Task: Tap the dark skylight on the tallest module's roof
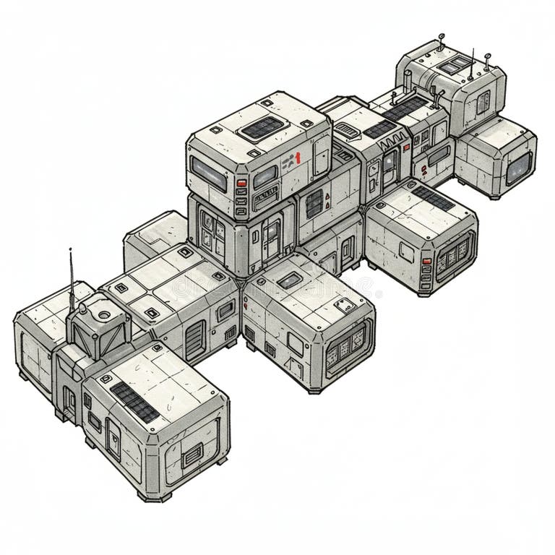pos(261,128)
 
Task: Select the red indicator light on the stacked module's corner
pos(241,184)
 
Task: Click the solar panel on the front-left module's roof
pos(134,403)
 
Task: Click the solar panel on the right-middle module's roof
pos(433,197)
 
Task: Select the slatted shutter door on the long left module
pos(194,340)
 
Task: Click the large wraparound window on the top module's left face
pos(208,173)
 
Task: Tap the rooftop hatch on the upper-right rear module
pos(454,66)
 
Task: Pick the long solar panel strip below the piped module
pos(405,108)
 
